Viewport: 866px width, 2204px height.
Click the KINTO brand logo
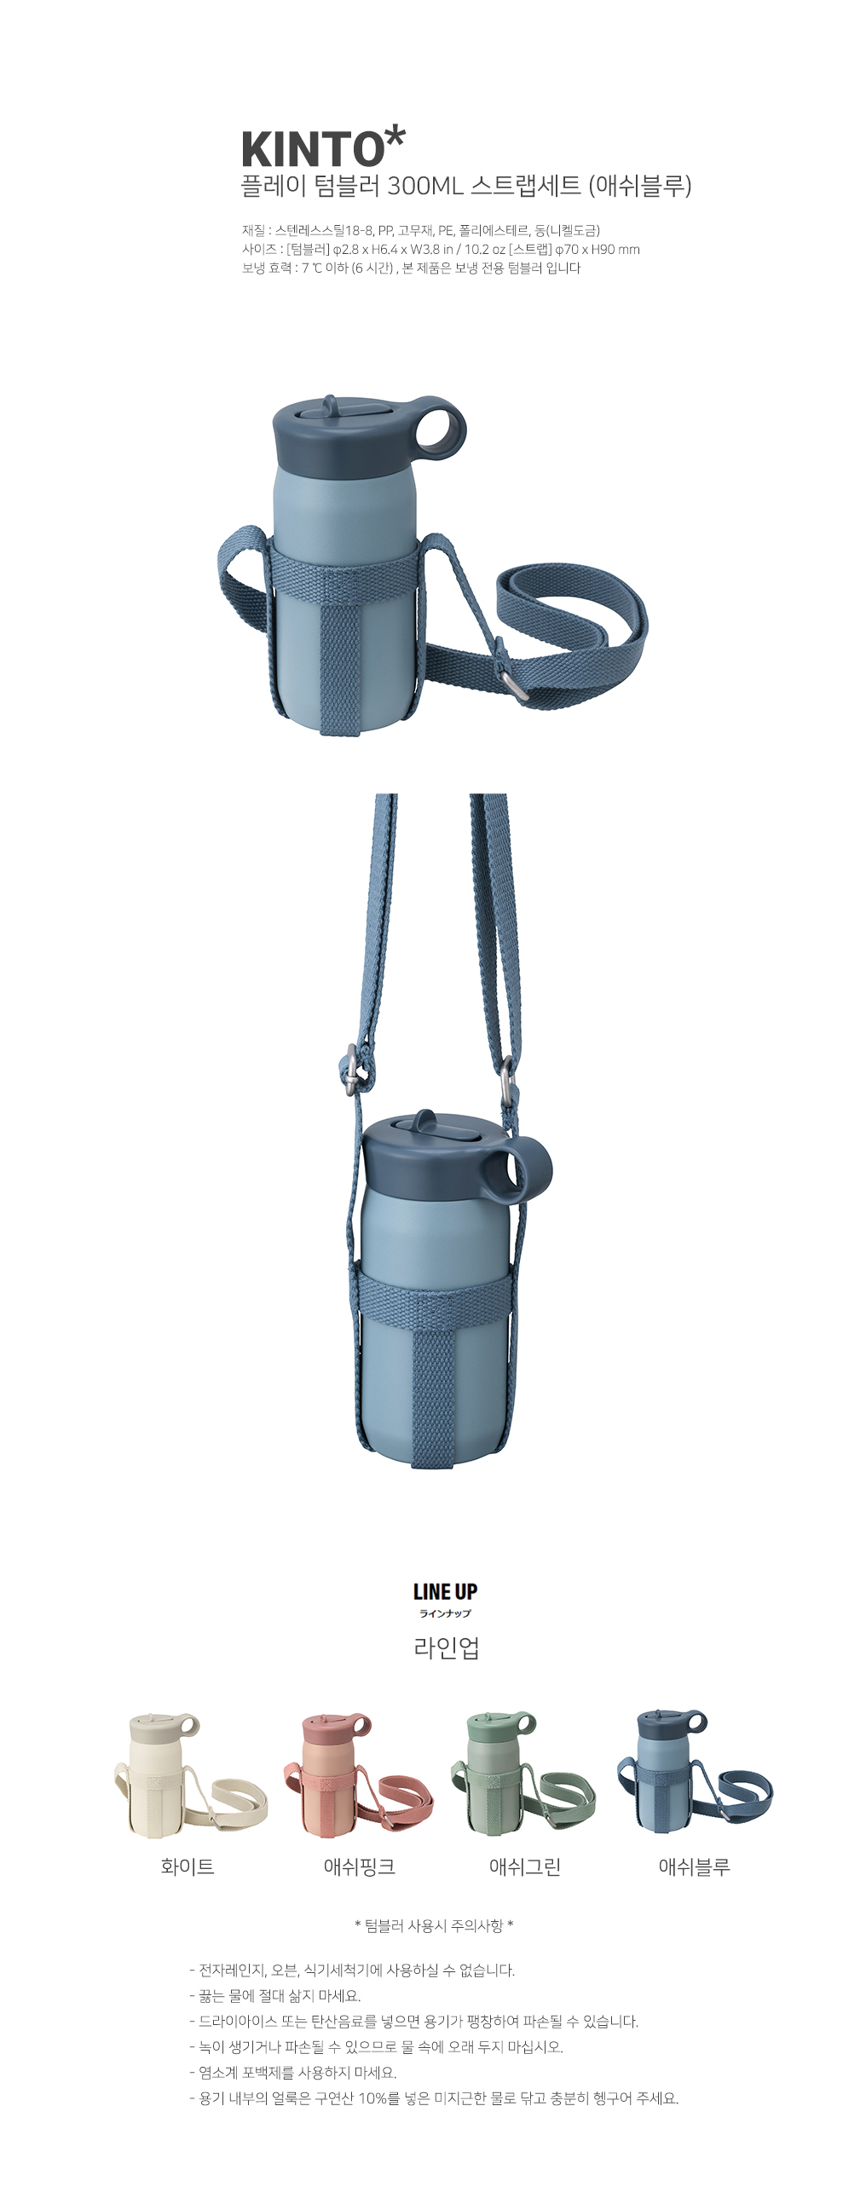pos(322,147)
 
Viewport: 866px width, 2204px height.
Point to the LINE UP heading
pos(445,1591)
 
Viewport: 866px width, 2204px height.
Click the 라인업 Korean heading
pos(446,1647)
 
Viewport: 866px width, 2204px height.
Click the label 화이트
pos(188,1866)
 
